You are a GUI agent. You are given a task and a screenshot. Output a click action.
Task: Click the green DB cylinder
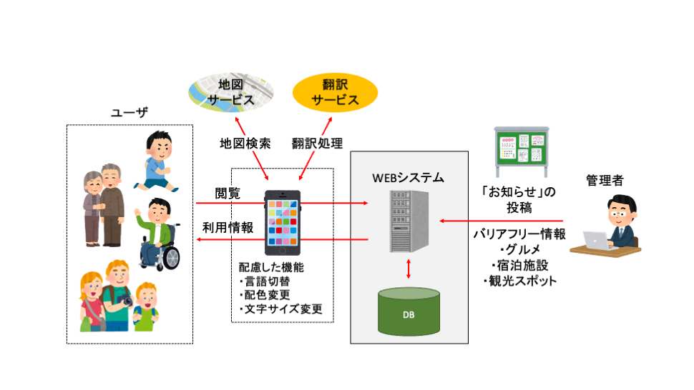coord(409,313)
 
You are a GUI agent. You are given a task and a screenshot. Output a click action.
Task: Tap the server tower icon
coord(409,221)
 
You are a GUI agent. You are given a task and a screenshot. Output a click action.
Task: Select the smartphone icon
coord(283,222)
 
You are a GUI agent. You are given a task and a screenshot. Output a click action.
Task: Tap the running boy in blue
coord(155,160)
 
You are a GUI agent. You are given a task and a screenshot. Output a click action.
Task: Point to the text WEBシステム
coord(409,176)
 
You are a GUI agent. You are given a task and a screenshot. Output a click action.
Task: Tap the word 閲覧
coord(228,194)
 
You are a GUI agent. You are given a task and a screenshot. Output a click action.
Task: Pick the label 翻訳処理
coord(318,143)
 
